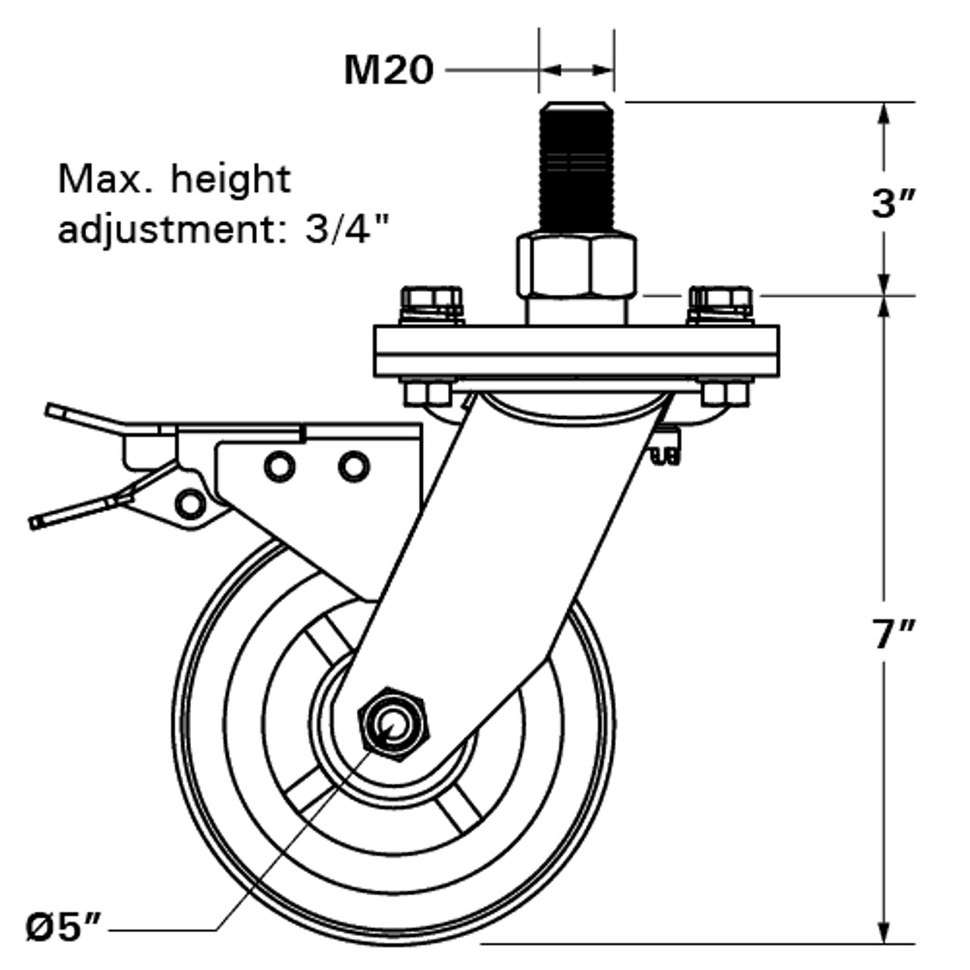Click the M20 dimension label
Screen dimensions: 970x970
(x=388, y=70)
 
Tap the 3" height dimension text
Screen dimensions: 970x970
(x=893, y=202)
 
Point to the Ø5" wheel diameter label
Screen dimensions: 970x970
(x=64, y=928)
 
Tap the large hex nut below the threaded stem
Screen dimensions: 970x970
(x=576, y=265)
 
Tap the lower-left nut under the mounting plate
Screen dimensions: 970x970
(x=426, y=393)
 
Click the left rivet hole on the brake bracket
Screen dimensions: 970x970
(x=280, y=466)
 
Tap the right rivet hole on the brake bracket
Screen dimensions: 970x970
(x=353, y=465)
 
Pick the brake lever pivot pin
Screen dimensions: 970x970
(x=189, y=502)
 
